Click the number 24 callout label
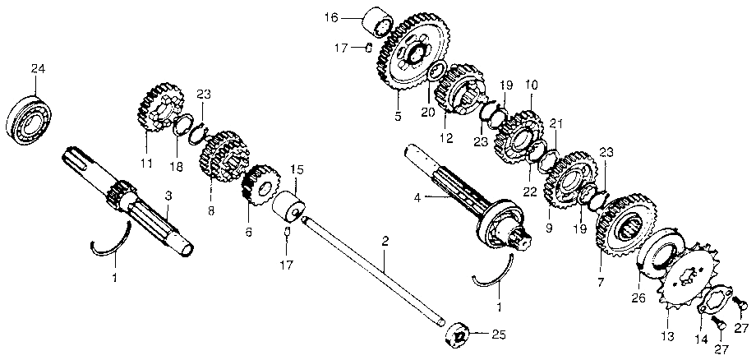point(37,67)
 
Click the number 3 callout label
point(168,196)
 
